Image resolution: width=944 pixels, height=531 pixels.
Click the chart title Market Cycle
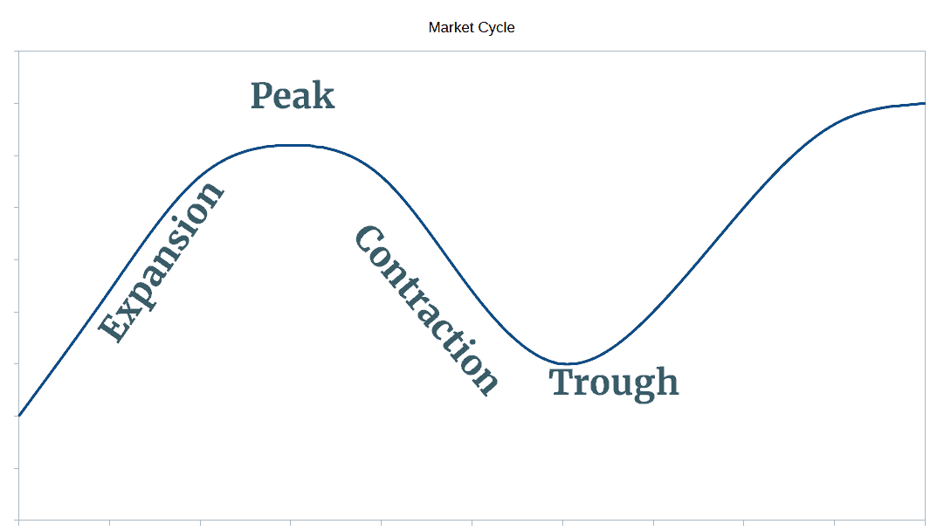coord(472,28)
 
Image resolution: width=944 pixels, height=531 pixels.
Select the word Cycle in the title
coord(495,28)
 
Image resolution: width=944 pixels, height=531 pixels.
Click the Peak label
coord(293,96)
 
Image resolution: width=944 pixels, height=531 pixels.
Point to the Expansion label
coord(162,262)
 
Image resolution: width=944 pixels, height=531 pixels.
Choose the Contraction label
coord(426,310)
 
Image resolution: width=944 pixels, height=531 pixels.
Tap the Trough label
coord(614,383)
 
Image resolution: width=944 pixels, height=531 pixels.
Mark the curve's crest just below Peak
coord(293,145)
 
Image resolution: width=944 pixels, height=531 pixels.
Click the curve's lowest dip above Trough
coord(566,363)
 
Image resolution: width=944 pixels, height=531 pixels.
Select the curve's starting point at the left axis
coord(18,416)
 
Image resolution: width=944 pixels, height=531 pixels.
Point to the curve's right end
coord(924,103)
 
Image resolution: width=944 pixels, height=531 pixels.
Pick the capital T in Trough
coord(562,382)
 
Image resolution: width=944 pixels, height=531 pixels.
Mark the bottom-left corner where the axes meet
coord(18,520)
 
